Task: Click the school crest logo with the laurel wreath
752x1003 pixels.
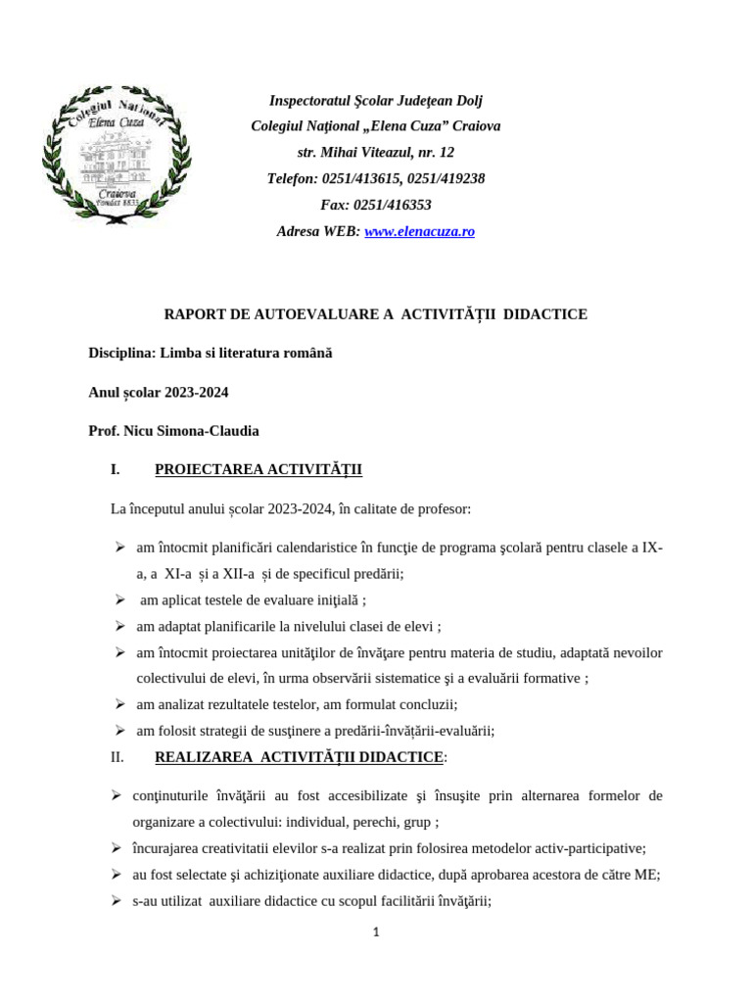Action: pos(117,153)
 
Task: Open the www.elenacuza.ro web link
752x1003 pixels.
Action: pos(419,231)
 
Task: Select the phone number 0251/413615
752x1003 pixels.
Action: pos(362,178)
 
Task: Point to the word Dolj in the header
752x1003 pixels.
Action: pos(466,100)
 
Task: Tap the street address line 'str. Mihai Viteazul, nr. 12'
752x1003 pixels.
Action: pos(376,152)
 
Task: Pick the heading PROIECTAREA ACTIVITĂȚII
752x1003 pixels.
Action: pos(258,470)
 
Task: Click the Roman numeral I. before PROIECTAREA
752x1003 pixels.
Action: pos(116,470)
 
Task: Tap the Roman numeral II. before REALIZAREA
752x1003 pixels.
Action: pos(117,757)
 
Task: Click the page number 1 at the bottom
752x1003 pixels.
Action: pos(376,932)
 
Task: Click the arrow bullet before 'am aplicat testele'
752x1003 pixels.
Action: pos(118,599)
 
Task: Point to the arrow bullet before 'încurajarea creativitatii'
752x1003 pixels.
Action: pos(116,848)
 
